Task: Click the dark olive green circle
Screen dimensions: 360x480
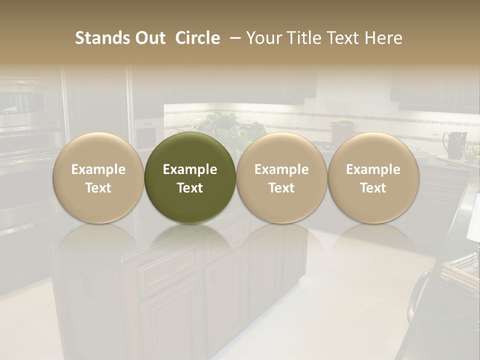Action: (x=190, y=178)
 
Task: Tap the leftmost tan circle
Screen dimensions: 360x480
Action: (x=98, y=178)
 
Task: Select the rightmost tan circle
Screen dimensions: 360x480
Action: (x=373, y=178)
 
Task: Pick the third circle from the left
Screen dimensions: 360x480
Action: (x=281, y=178)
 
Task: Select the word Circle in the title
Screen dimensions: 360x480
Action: (x=197, y=38)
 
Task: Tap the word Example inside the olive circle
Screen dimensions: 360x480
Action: (x=190, y=169)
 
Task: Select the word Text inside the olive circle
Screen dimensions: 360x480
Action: (x=190, y=188)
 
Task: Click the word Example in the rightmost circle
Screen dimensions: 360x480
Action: (x=373, y=169)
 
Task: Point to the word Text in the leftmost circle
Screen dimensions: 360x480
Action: (x=98, y=188)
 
